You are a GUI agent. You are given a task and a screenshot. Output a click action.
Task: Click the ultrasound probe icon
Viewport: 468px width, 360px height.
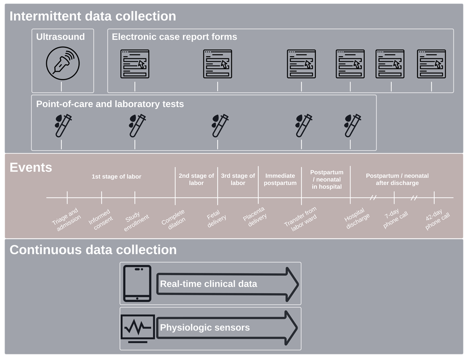pos(62,63)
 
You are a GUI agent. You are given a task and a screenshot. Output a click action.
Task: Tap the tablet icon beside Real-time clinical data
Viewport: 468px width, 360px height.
pos(137,283)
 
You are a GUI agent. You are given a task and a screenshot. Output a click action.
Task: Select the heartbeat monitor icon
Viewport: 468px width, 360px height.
pos(137,328)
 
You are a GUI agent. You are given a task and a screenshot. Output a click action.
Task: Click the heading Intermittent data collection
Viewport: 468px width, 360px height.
pos(93,16)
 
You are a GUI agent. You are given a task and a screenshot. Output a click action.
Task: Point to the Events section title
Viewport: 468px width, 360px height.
pos(31,167)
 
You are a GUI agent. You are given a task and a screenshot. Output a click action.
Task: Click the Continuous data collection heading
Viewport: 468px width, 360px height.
pos(93,250)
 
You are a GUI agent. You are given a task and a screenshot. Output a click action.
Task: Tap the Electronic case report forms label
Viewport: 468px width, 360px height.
pos(174,37)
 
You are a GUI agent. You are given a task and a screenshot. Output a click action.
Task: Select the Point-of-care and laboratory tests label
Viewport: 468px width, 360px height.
pos(110,104)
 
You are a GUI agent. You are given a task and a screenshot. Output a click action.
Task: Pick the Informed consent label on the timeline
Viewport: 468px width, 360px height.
pos(101,219)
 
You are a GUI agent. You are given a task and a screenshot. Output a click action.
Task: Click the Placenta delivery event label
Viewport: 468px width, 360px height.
pos(255,216)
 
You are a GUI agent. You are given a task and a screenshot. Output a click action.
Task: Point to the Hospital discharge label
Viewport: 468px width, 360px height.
pos(357,218)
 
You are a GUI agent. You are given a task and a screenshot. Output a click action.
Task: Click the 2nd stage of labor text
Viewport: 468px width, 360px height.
pos(196,179)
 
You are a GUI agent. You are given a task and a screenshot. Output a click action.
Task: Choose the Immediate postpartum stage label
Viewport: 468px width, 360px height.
pos(280,179)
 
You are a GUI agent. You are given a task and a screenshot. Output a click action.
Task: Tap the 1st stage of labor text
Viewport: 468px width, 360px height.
pos(116,176)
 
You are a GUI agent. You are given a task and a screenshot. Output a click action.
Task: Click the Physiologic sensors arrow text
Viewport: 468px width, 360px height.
pos(205,328)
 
